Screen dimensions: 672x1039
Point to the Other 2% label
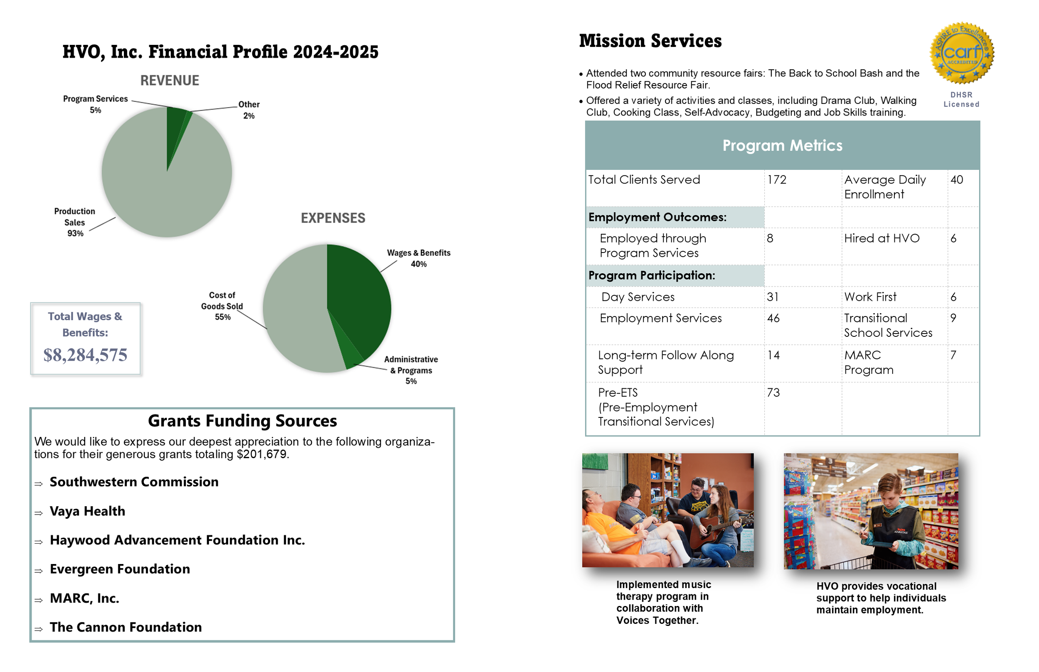click(249, 110)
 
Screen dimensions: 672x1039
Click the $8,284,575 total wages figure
click(85, 355)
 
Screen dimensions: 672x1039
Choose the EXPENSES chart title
click(333, 218)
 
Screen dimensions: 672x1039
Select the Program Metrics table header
click(782, 145)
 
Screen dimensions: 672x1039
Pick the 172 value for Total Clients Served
click(777, 180)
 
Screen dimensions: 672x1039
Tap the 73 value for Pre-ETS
click(773, 393)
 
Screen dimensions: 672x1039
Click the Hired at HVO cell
click(882, 238)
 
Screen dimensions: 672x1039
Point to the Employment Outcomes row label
click(657, 217)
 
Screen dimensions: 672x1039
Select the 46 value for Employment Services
click(773, 318)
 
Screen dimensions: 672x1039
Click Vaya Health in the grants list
click(87, 511)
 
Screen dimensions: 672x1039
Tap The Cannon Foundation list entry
click(126, 627)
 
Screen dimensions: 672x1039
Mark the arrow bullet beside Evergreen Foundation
click(39, 571)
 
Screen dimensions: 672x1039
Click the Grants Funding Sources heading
click(242, 421)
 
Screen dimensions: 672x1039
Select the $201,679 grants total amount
click(262, 454)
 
